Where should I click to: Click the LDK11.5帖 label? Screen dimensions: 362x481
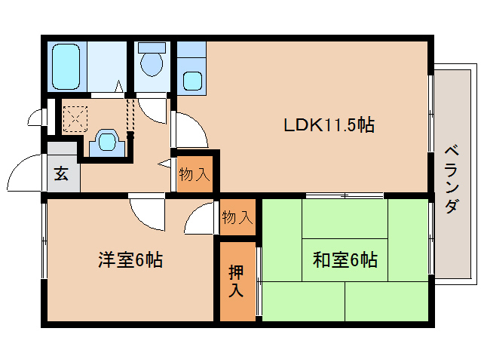tap(329, 125)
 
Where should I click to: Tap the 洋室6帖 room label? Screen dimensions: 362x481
tap(130, 261)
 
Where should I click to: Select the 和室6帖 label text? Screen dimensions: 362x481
tap(345, 261)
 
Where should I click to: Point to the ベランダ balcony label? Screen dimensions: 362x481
tap(450, 178)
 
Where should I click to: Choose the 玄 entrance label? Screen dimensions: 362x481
tap(62, 175)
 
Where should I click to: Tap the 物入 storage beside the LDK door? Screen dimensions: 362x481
tap(194, 175)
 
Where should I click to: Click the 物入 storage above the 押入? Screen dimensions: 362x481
tap(237, 218)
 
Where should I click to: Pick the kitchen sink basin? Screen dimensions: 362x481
tap(192, 80)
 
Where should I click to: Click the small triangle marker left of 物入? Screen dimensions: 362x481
tap(164, 164)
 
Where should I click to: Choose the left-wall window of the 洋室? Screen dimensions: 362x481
tap(44, 241)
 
